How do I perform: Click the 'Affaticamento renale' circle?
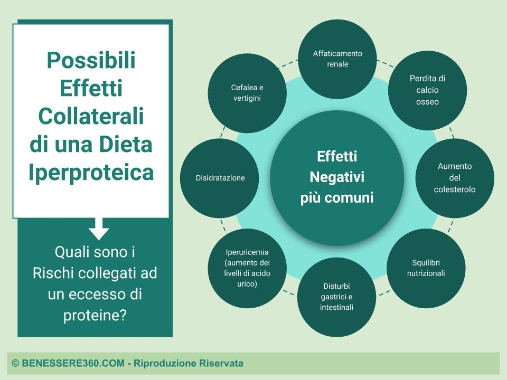click(337, 59)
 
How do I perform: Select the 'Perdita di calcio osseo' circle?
click(427, 90)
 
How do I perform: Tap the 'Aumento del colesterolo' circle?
click(455, 178)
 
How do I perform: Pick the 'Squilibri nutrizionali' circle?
click(426, 268)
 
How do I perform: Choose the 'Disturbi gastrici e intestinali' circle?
click(336, 297)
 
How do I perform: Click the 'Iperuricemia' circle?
click(247, 268)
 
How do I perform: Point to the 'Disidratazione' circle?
click(220, 178)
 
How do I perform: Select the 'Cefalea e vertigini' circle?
click(247, 93)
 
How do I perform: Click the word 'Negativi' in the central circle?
click(337, 177)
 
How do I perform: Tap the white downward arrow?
click(99, 229)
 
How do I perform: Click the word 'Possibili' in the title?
click(91, 60)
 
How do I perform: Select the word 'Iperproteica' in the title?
click(91, 172)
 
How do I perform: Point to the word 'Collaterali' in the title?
click(91, 116)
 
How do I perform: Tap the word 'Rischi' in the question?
click(53, 273)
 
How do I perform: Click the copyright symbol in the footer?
click(15, 363)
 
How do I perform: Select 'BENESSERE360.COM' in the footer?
click(73, 363)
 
